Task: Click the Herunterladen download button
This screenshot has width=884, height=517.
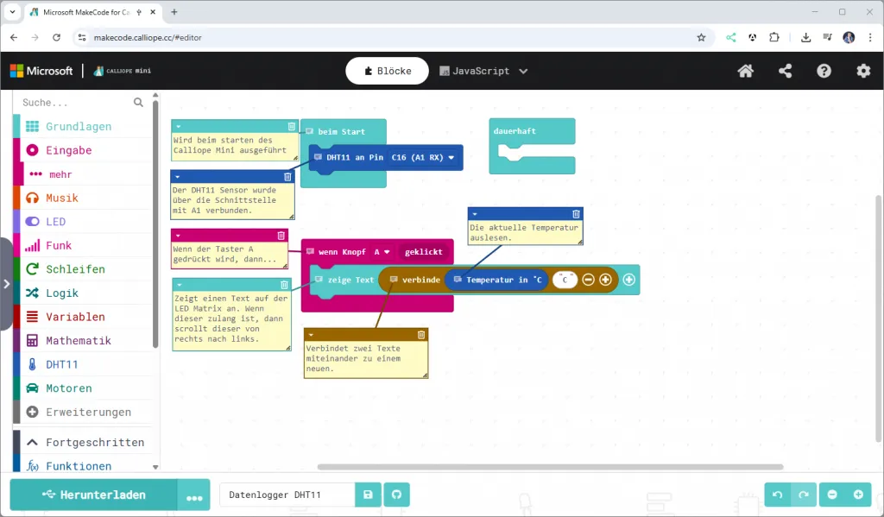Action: click(93, 495)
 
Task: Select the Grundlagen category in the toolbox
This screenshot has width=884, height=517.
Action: click(79, 126)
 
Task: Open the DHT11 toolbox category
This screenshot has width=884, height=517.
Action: click(61, 364)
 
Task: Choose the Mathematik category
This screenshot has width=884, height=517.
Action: click(79, 341)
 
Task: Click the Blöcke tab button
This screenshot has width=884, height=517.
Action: click(388, 71)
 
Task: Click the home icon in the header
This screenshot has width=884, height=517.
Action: click(745, 71)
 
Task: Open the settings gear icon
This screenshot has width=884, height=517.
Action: click(863, 71)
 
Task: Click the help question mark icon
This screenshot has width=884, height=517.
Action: click(824, 71)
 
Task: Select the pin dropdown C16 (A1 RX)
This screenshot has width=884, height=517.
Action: click(423, 157)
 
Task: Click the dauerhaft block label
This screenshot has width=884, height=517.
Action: click(515, 131)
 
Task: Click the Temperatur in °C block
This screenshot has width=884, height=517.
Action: click(496, 280)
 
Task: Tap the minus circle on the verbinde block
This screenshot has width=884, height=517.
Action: click(588, 280)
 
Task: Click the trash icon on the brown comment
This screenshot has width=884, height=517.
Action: click(421, 335)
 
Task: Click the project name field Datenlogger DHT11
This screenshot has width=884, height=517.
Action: click(287, 495)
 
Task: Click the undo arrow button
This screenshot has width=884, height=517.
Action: click(778, 495)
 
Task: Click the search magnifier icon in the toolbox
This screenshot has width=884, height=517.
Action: click(138, 102)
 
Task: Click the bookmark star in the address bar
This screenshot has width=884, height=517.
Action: click(701, 37)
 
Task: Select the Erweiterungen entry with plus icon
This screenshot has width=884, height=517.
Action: click(79, 413)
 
